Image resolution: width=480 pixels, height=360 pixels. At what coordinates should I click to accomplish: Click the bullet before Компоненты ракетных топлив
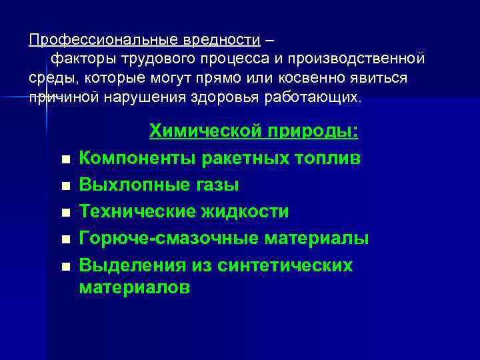coord(64,160)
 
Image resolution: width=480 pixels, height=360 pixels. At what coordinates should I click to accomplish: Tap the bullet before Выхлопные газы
coord(64,187)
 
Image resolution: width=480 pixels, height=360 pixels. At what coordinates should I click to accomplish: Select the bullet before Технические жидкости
coord(64,213)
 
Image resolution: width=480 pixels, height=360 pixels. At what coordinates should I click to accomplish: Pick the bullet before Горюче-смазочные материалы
coord(64,240)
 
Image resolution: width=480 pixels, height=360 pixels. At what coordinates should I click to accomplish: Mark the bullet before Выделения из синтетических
coord(64,267)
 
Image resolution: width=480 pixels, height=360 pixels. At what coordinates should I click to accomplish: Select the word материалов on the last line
coord(135,288)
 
